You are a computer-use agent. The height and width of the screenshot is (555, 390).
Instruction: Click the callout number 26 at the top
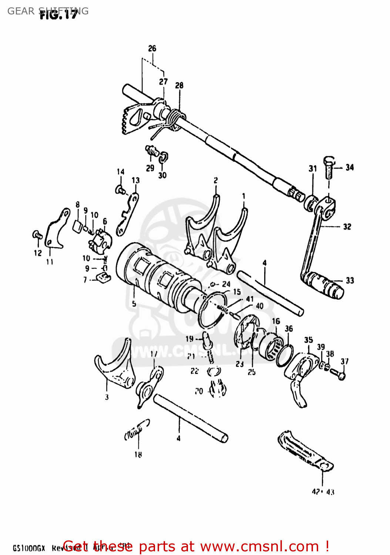pos(152,48)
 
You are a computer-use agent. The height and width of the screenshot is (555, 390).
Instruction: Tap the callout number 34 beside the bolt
pos(349,168)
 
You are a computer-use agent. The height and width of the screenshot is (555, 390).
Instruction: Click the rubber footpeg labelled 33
pos(326,285)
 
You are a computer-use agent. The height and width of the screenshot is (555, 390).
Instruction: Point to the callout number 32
pos(347,226)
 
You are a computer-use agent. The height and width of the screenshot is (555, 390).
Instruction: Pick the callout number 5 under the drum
pos(134,303)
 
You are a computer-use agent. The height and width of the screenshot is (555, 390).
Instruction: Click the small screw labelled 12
pos(37,234)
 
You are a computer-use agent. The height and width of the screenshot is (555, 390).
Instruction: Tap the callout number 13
pos(135,181)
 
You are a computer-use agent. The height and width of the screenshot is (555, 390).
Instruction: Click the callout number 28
pos(179,85)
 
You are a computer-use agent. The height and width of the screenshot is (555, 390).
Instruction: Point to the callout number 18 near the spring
pos(138,454)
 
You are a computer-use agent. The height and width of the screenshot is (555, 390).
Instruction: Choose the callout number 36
pos(289,329)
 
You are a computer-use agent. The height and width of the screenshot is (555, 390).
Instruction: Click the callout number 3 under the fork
pos(107,397)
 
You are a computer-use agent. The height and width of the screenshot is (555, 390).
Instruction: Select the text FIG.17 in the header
pos(58,15)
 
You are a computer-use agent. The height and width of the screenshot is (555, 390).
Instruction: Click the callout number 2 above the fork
pos(215,180)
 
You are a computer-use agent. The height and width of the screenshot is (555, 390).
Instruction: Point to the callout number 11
pos(50,262)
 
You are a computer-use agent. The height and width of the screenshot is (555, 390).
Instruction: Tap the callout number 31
pos(313,169)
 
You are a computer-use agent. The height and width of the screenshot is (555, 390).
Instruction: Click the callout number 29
pos(150,168)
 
